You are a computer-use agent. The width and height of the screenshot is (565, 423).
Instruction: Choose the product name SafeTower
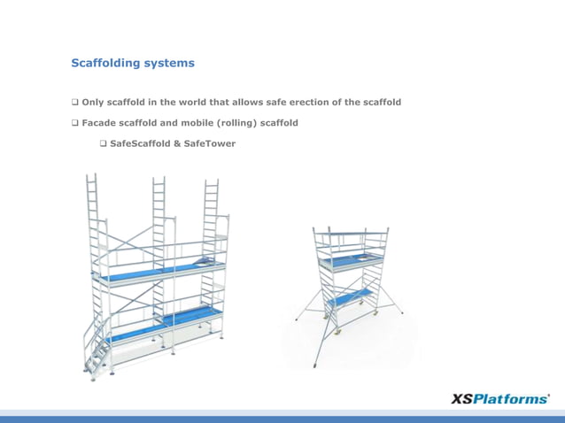tap(209, 143)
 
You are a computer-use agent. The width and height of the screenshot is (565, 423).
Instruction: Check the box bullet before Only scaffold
tap(74, 103)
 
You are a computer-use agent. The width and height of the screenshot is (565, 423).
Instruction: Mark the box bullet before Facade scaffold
tap(74, 123)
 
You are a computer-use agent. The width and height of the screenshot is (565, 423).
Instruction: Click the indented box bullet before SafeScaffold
tap(103, 143)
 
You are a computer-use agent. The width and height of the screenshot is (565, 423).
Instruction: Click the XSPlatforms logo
tap(500, 399)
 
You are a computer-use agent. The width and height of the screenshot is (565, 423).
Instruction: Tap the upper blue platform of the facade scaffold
tap(159, 273)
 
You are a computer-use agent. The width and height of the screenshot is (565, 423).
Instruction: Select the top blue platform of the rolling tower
tap(352, 259)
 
